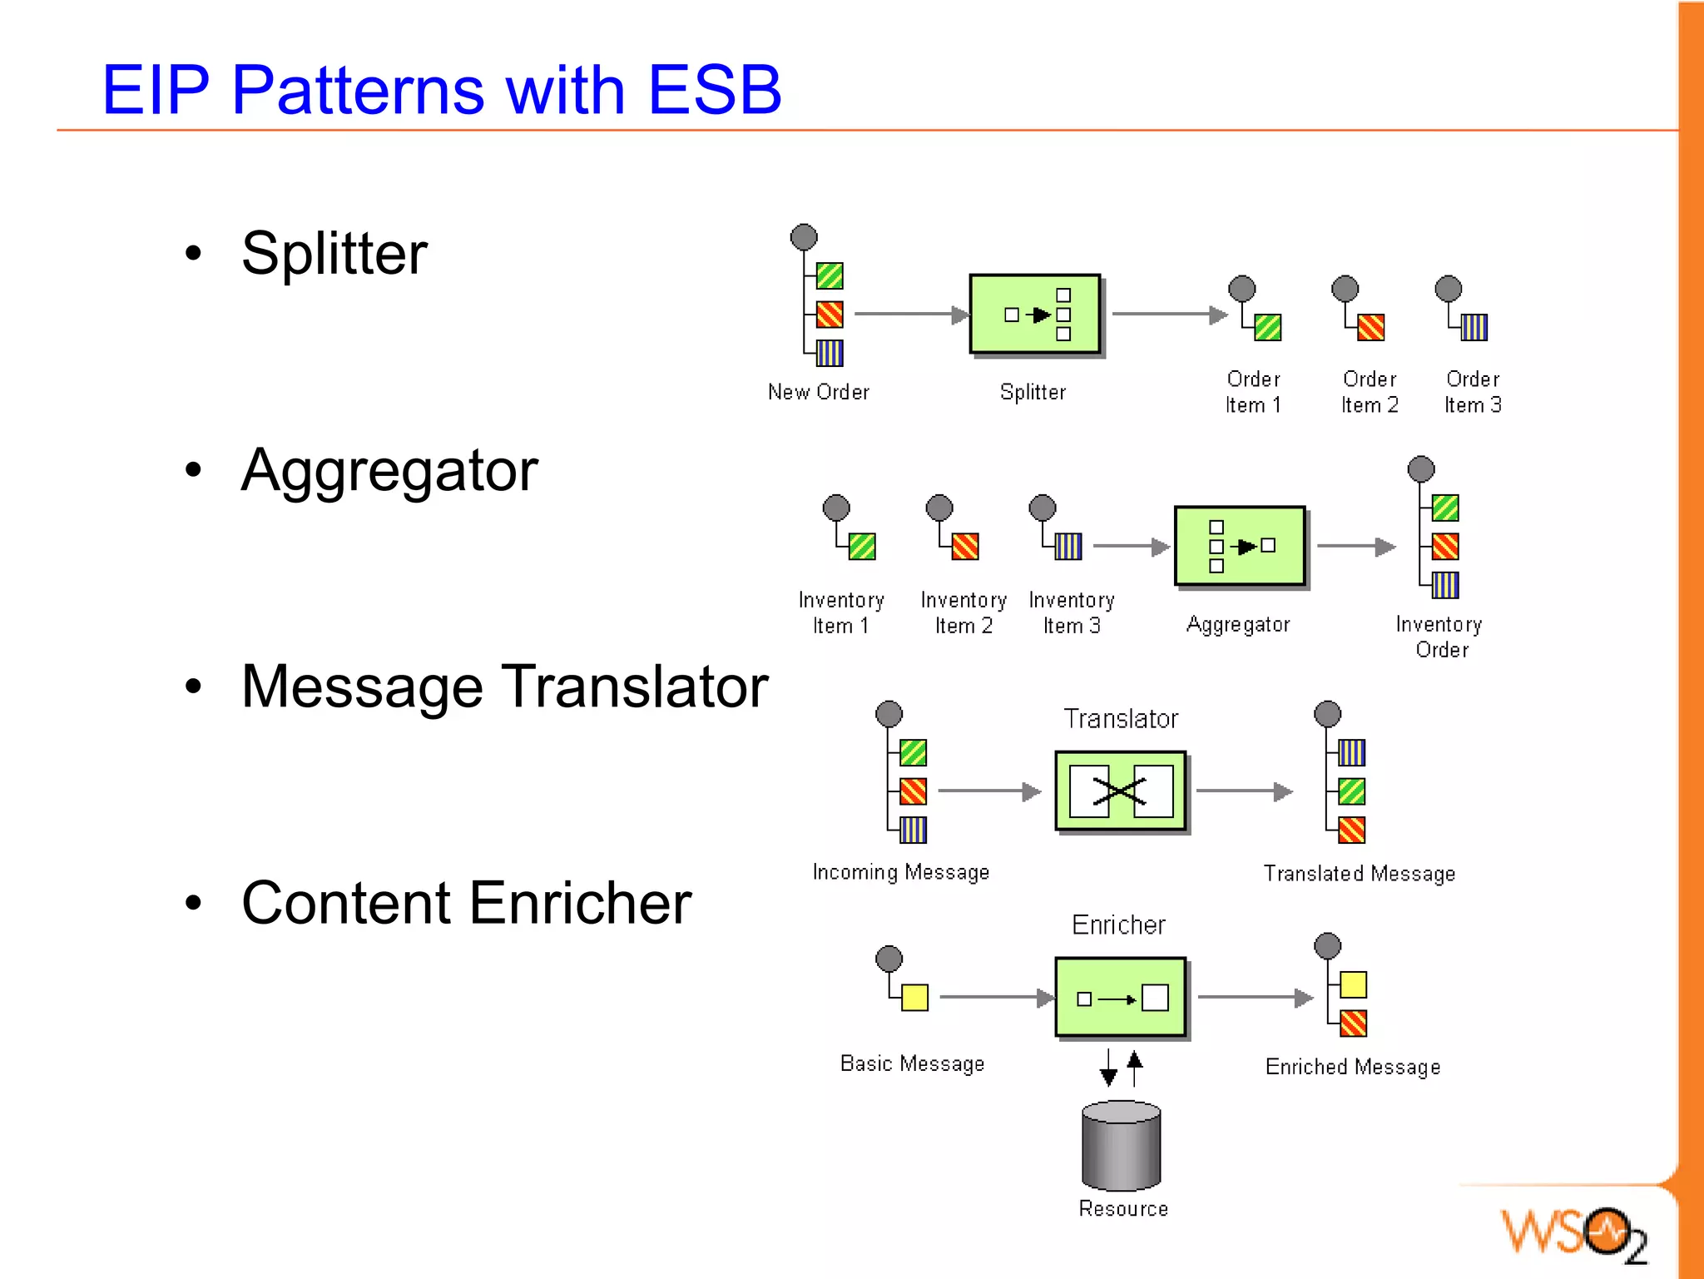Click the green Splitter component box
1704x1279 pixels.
(x=1034, y=315)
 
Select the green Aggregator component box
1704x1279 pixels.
(x=1239, y=546)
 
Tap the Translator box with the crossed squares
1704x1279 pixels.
(x=1120, y=791)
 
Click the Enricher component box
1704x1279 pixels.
(x=1120, y=997)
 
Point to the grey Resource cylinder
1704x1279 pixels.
(x=1121, y=1146)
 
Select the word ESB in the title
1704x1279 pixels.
(x=714, y=90)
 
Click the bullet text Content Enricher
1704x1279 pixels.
(x=466, y=903)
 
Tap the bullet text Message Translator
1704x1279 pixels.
(x=504, y=687)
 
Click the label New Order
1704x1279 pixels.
(x=818, y=392)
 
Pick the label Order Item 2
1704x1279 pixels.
(x=1369, y=392)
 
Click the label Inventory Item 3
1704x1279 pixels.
(x=1071, y=612)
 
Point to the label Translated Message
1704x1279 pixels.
(x=1359, y=874)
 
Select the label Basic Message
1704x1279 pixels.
(x=912, y=1063)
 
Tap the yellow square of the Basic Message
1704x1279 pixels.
(x=914, y=997)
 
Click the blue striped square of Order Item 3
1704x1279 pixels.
(x=1474, y=327)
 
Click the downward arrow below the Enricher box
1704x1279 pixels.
(x=1108, y=1068)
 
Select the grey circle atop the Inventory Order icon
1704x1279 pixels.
(x=1420, y=468)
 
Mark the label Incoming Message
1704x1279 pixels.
(x=900, y=872)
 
